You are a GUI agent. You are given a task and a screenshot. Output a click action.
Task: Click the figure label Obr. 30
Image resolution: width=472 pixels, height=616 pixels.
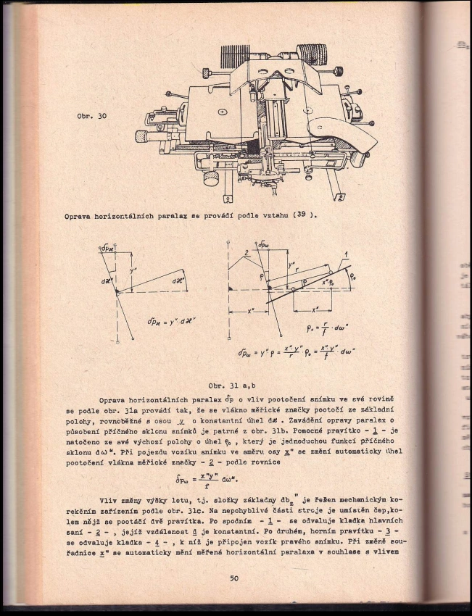[92, 116]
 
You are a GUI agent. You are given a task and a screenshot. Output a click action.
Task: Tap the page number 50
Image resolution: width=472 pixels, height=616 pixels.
[234, 578]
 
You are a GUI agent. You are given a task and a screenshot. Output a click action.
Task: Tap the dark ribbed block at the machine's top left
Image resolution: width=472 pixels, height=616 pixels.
[235, 56]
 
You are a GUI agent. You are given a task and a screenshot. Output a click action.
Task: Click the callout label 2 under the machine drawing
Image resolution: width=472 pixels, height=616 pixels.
[338, 196]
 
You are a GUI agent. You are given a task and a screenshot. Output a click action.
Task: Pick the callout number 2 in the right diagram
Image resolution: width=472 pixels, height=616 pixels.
[247, 252]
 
